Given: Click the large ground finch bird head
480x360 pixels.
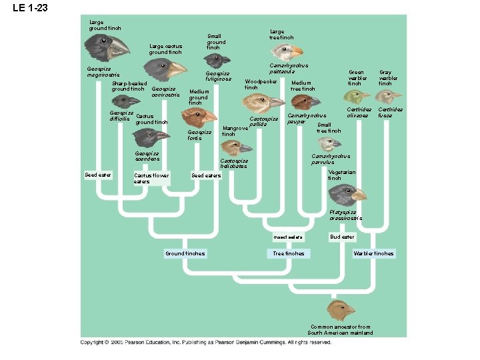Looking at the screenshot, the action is [x=107, y=47].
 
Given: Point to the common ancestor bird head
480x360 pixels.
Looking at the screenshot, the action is [x=341, y=310].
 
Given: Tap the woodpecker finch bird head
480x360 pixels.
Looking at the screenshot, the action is [x=258, y=101].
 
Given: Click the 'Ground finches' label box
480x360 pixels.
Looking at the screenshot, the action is [x=185, y=253].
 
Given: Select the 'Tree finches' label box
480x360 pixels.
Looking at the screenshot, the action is [x=289, y=253].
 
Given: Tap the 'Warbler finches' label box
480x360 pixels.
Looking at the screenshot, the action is [x=373, y=253].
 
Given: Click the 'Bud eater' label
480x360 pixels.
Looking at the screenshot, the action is [x=343, y=237].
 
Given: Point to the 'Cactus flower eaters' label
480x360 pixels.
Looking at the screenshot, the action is [x=151, y=178].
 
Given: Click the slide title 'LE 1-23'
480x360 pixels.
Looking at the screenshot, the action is [x=25, y=9].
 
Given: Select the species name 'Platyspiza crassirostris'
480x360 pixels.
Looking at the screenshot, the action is [x=346, y=215].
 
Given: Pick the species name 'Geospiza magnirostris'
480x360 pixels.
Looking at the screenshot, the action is [x=103, y=71].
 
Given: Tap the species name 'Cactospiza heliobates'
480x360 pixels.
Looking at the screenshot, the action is [x=234, y=163].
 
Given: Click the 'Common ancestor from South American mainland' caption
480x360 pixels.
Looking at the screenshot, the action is [x=340, y=329].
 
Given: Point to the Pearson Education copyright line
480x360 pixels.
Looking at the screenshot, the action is [x=206, y=342].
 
